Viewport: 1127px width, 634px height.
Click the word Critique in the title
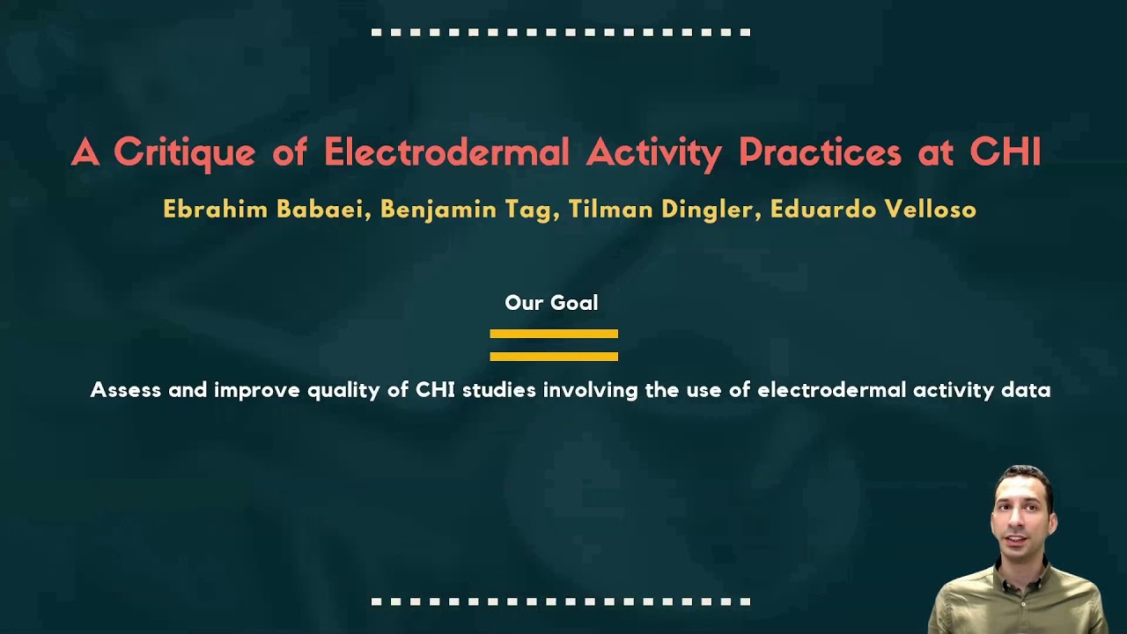pyautogui.click(x=184, y=152)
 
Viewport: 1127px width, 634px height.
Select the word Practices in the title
pyautogui.click(x=820, y=152)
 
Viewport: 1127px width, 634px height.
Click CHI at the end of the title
pyautogui.click(x=1005, y=152)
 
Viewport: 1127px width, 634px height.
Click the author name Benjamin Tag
pyautogui.click(x=468, y=210)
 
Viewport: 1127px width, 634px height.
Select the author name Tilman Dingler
pyautogui.click(x=663, y=210)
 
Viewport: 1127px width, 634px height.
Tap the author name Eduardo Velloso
pyautogui.click(x=873, y=210)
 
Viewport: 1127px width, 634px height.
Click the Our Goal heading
pyautogui.click(x=551, y=303)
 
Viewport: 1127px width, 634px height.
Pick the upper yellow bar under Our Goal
pyautogui.click(x=554, y=334)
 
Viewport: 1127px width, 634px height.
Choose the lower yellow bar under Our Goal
pyautogui.click(x=554, y=357)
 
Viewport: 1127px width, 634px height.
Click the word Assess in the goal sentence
pyautogui.click(x=126, y=390)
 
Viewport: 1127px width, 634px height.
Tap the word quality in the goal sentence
pyautogui.click(x=345, y=390)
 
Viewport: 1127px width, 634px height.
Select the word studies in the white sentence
pyautogui.click(x=498, y=390)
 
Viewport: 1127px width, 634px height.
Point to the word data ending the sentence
pyautogui.click(x=1026, y=390)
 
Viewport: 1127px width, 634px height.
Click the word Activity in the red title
pyautogui.click(x=653, y=152)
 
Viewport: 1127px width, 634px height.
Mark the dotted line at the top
pyautogui.click(x=561, y=33)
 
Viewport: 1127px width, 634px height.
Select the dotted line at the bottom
pyautogui.click(x=561, y=602)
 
